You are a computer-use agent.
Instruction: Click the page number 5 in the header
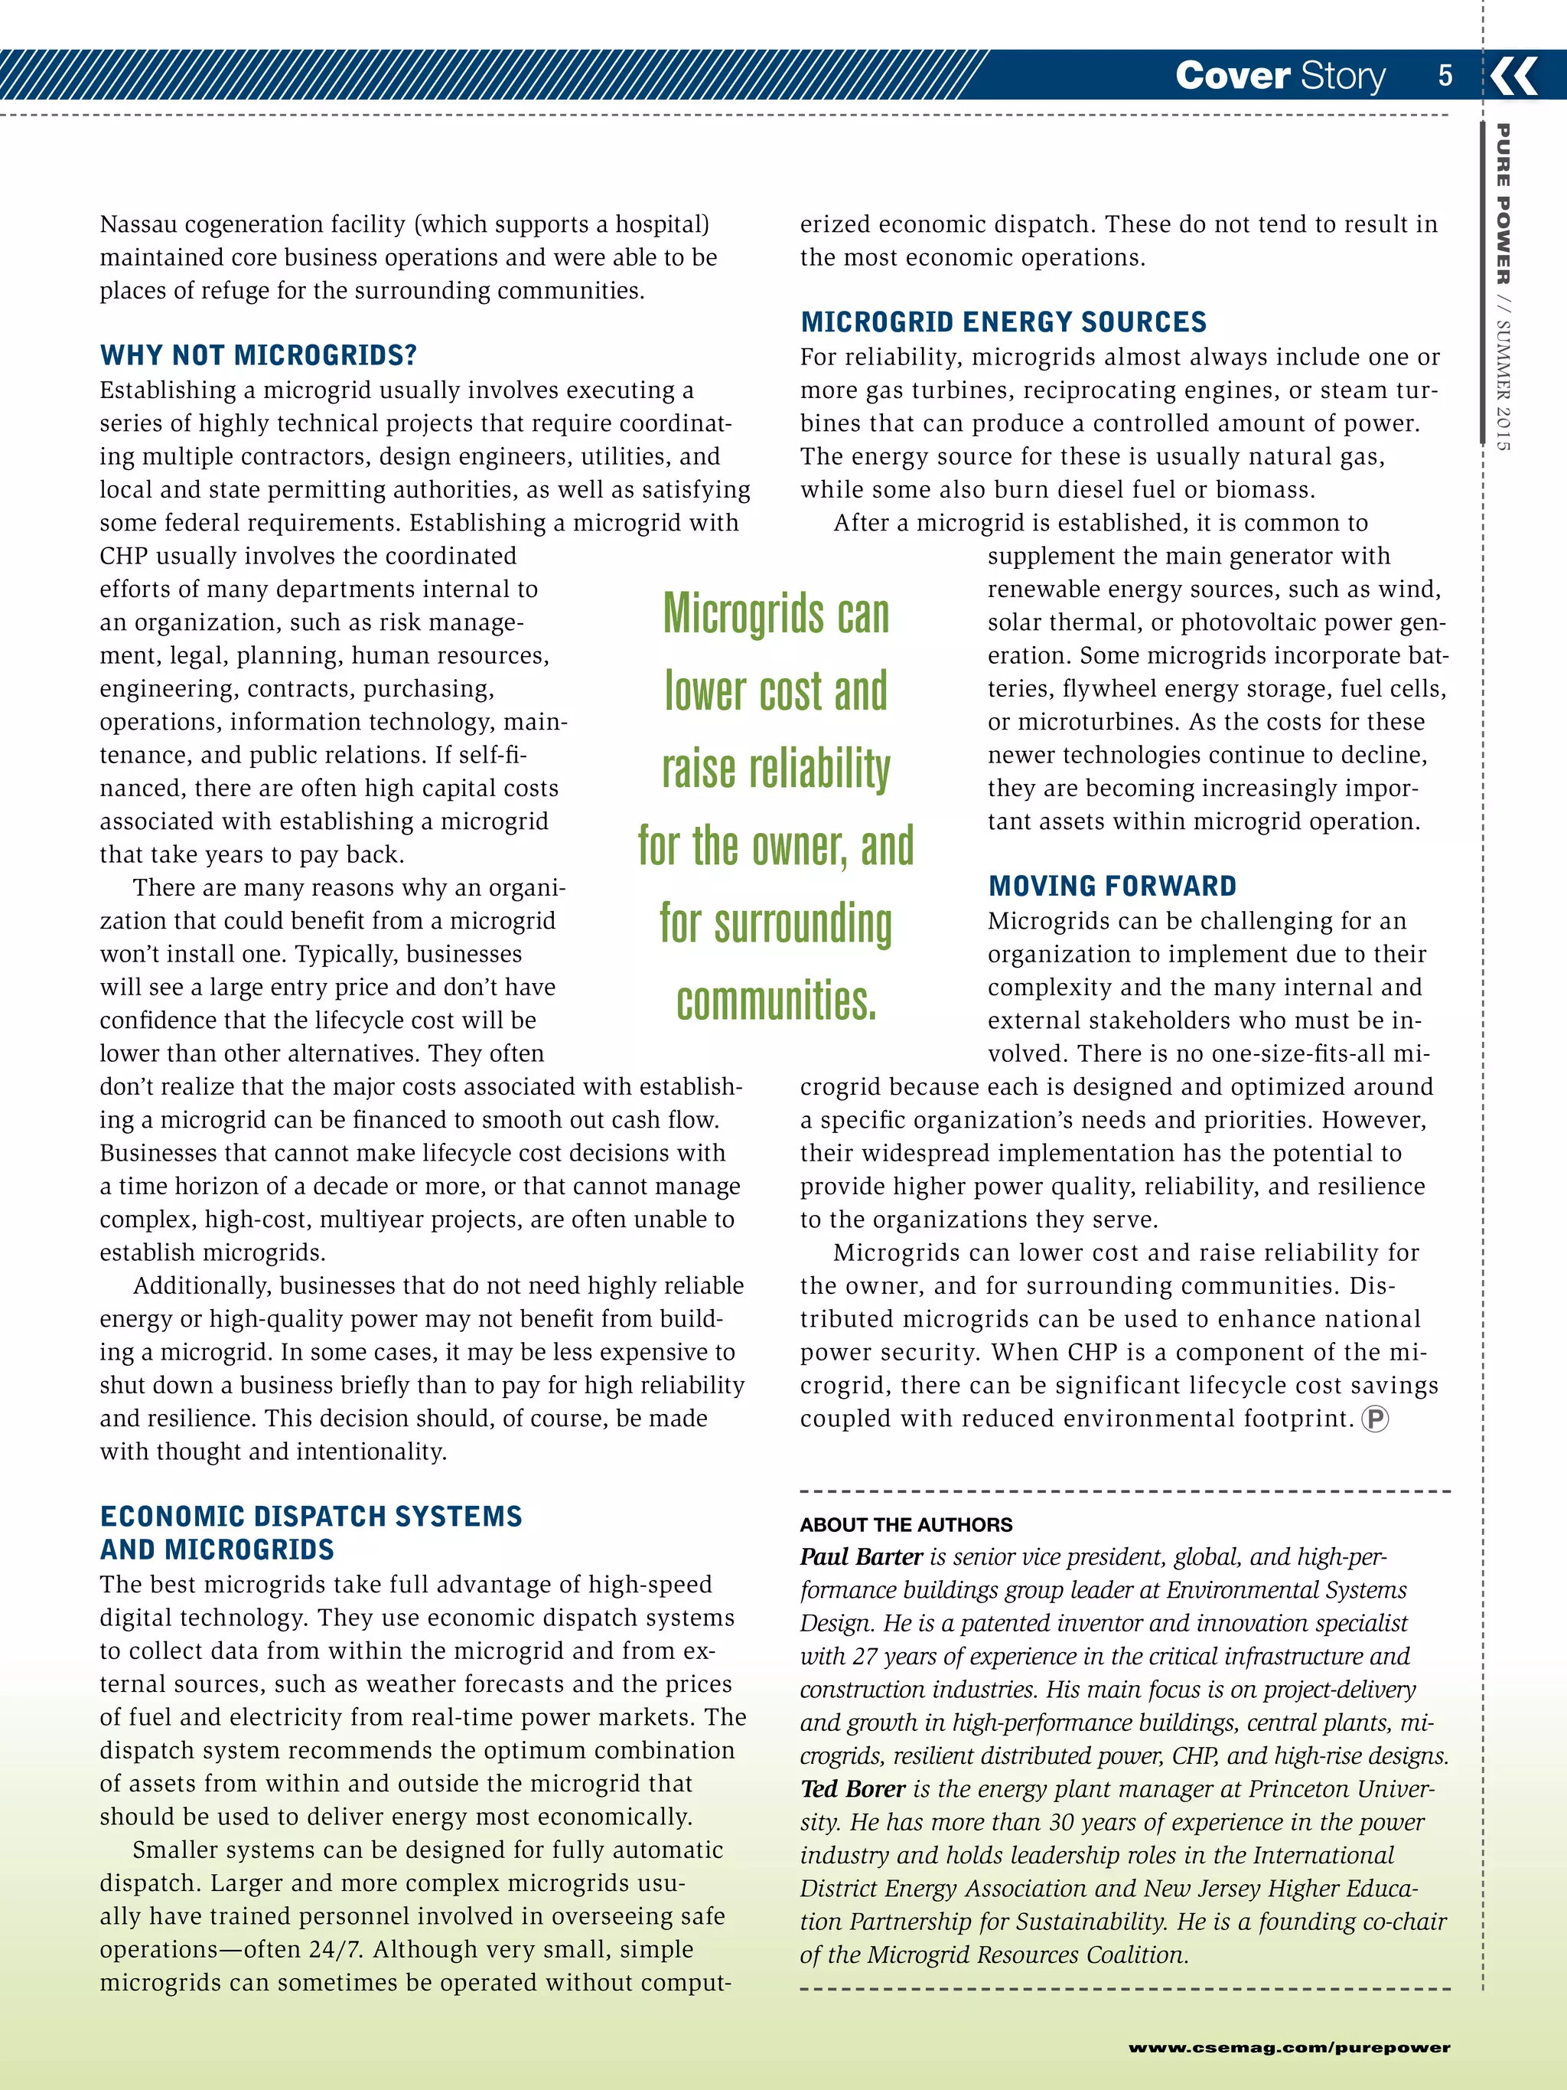1445,76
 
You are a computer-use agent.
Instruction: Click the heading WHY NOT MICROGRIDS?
258,355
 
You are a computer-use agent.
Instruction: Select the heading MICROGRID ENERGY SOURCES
1003,322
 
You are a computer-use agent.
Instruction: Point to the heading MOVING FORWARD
1112,887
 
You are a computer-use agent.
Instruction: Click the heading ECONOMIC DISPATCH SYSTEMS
311,1517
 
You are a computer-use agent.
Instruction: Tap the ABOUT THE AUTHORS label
905,1525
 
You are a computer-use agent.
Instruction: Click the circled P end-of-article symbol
1374,1419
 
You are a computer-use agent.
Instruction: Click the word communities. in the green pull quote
777,1001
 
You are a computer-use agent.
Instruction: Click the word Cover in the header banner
1232,76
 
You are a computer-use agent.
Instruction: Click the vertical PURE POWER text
1503,203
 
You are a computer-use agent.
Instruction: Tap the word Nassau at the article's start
138,225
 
